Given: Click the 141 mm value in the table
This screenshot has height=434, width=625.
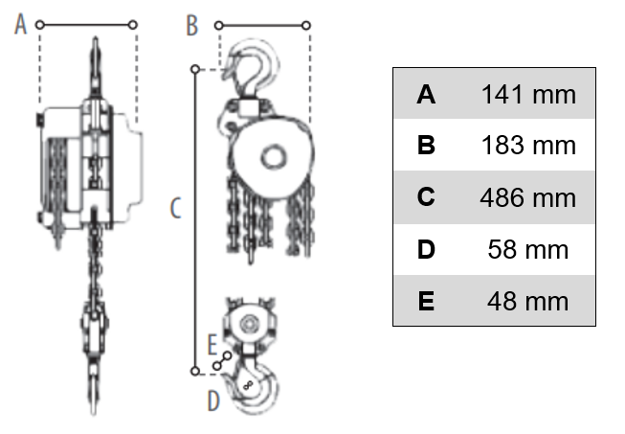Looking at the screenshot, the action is (x=528, y=95).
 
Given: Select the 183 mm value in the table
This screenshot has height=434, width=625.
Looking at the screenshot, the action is (x=528, y=146).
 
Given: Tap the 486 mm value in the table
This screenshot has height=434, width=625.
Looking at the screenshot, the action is (x=528, y=197).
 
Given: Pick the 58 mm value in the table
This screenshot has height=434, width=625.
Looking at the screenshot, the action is (x=528, y=250).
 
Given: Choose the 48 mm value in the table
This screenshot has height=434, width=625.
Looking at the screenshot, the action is (x=528, y=301).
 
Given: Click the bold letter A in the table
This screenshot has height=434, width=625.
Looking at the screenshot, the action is (x=426, y=95).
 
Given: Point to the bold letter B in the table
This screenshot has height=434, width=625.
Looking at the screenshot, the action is (x=426, y=146).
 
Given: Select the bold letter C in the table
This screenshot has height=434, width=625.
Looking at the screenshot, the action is (x=426, y=196).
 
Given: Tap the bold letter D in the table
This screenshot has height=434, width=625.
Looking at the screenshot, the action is (x=426, y=250).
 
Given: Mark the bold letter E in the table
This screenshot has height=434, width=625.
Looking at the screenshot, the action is (x=426, y=301).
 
